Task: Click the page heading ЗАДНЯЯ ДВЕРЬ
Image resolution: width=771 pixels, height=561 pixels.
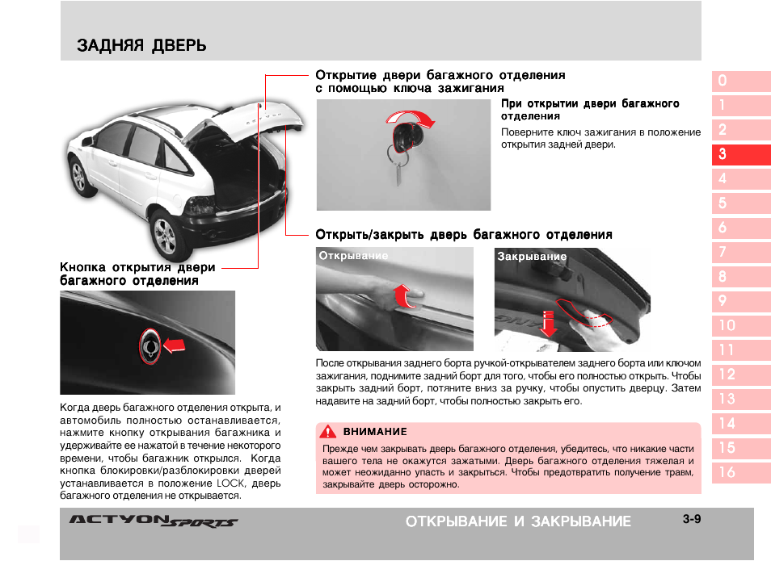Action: [x=141, y=46]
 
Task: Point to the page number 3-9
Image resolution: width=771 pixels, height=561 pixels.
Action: [x=690, y=519]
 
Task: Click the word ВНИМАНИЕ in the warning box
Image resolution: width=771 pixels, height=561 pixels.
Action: [x=375, y=432]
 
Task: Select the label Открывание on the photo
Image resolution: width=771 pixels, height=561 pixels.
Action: [x=353, y=256]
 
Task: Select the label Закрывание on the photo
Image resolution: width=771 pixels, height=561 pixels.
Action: [x=532, y=257]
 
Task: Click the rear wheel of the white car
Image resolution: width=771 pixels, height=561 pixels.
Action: [x=164, y=237]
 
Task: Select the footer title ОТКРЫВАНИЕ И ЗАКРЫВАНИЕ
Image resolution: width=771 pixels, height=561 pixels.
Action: [x=518, y=521]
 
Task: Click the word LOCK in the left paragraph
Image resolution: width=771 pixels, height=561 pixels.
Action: [x=231, y=483]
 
